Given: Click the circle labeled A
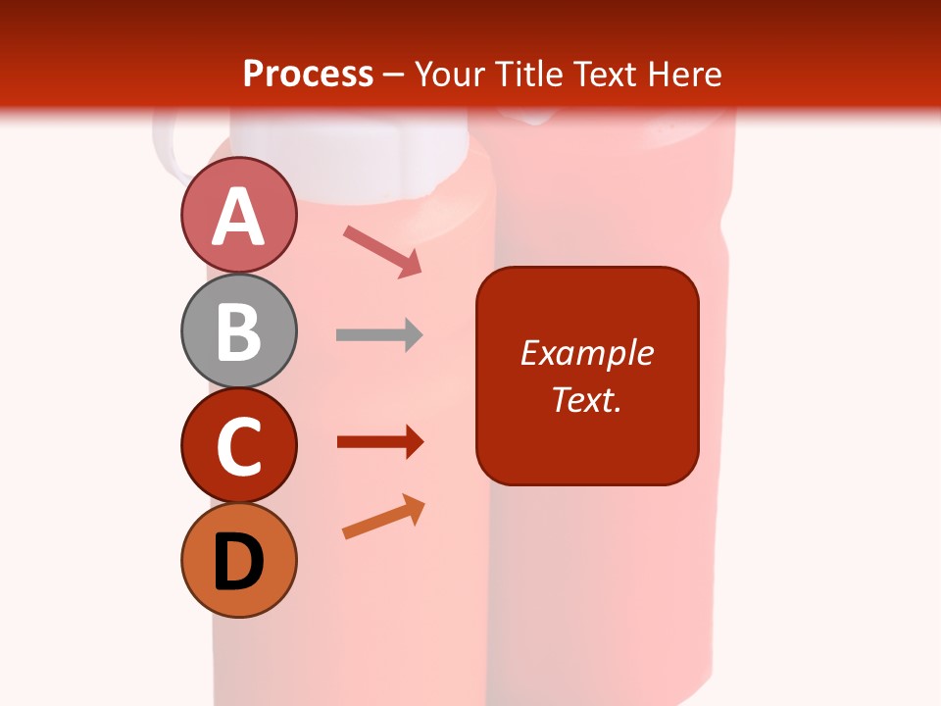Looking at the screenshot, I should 238,215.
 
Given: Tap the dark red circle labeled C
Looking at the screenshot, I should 238,446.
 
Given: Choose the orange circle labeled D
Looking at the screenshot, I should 238,561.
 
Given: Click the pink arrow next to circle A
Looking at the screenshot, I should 382,251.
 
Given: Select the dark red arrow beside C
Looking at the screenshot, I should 380,442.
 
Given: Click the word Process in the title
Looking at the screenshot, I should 308,75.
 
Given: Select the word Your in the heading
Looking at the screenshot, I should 449,75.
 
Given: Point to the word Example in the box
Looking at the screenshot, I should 586,353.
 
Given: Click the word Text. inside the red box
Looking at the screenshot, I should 586,399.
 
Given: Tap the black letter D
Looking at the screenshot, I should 238,563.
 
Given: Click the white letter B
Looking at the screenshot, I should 238,331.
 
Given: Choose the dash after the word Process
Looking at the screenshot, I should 394,76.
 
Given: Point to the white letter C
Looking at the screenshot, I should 238,447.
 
